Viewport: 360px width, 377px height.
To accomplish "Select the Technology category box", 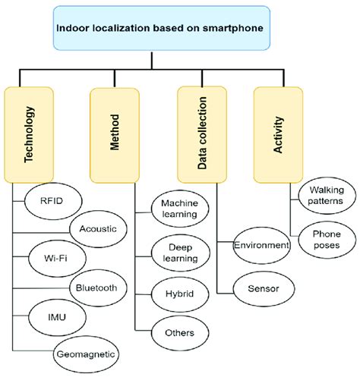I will point(30,134).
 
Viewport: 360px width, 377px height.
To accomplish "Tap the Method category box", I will point(115,134).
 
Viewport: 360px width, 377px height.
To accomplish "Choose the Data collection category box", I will point(203,134).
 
